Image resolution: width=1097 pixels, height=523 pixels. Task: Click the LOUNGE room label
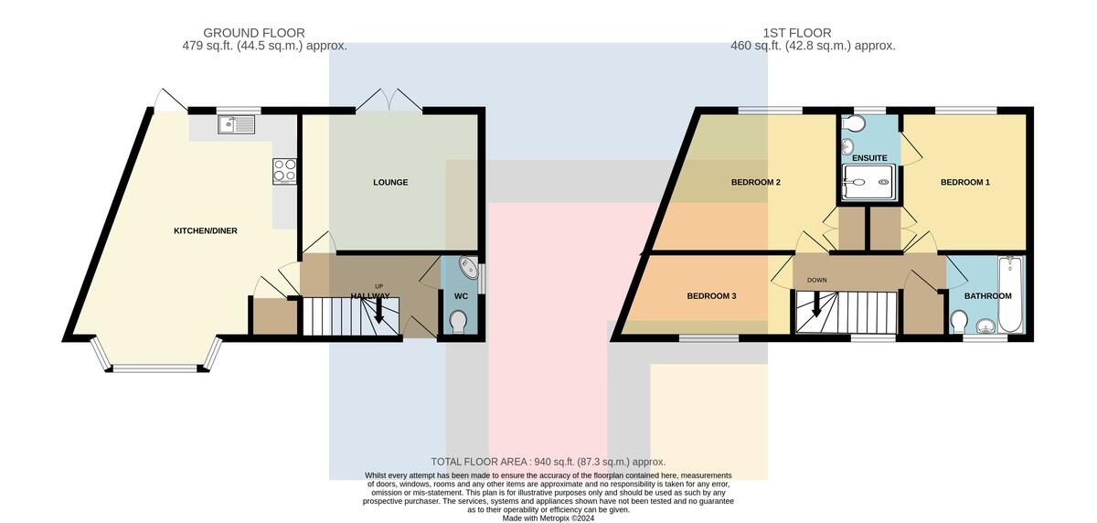[390, 182]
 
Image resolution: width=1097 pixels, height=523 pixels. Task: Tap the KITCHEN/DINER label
[205, 230]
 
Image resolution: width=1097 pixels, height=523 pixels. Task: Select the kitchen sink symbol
[236, 124]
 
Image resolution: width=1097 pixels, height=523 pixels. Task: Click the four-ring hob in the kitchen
[284, 171]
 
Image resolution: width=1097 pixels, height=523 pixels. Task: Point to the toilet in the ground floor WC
[458, 321]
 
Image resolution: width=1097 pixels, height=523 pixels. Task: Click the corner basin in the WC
[469, 267]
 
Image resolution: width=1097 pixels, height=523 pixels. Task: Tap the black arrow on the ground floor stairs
[378, 310]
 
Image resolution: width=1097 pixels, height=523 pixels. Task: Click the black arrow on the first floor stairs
[815, 304]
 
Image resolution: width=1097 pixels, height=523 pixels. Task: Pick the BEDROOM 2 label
[756, 182]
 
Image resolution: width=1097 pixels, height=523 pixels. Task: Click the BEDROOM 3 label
[711, 295]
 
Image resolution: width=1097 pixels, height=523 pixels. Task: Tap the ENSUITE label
[869, 158]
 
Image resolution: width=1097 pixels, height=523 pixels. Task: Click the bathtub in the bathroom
[1011, 294]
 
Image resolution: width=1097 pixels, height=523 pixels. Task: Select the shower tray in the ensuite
[868, 182]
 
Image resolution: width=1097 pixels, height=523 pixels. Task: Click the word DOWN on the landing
[816, 280]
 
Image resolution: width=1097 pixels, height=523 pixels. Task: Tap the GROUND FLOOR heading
[254, 33]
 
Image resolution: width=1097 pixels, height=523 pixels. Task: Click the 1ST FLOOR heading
[797, 33]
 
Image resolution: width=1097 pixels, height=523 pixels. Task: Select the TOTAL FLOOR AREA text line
[548, 462]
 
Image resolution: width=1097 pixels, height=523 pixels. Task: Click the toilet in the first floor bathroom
[958, 321]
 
